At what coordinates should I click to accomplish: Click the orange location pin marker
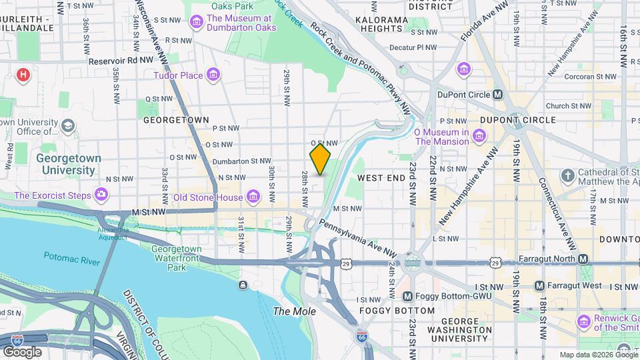coord(320,159)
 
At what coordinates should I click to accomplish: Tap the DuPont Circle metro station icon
coord(497,95)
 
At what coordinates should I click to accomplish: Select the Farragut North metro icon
coord(583,259)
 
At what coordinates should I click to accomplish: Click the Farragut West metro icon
coord(540,286)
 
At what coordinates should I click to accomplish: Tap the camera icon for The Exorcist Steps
coord(101,195)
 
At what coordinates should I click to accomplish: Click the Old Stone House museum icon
coord(253,197)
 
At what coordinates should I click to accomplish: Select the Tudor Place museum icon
coord(213,75)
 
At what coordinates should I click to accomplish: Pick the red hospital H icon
coord(24,75)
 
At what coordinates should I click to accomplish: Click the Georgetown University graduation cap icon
coord(68,126)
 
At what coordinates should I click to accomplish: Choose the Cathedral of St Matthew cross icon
coord(567,177)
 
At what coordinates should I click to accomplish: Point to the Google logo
coord(22,351)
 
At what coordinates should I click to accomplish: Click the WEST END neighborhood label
coord(381,179)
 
